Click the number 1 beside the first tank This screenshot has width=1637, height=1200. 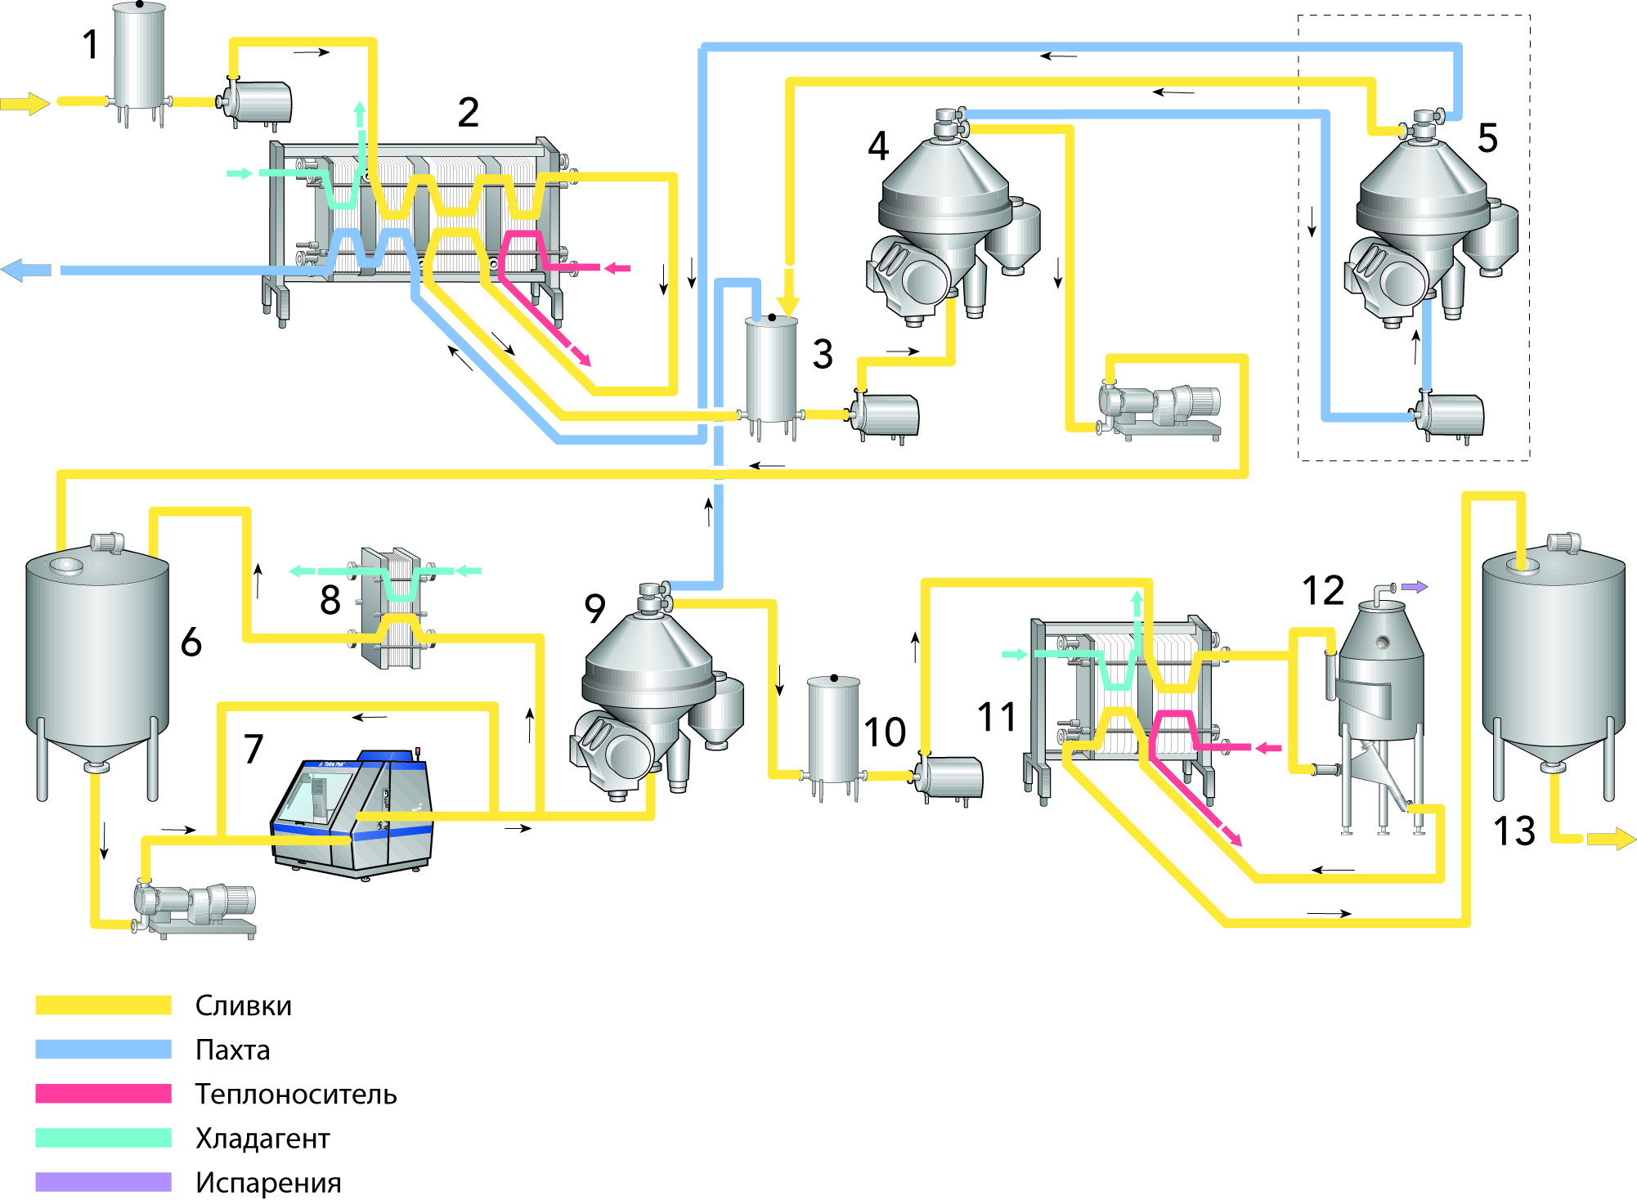[91, 45]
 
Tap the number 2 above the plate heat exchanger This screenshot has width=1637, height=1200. [468, 113]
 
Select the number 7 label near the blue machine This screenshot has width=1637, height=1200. [253, 749]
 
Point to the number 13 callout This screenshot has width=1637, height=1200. [1514, 831]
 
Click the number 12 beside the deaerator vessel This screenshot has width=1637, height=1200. [1323, 591]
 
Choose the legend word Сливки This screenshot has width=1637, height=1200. [243, 1005]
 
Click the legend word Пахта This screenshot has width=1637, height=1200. [232, 1050]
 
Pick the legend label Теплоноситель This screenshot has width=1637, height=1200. [296, 1094]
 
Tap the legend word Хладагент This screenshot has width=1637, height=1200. [262, 1138]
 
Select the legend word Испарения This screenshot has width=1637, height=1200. [268, 1182]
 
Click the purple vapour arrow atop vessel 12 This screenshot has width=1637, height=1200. [1415, 587]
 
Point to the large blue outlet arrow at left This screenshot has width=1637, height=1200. [26, 270]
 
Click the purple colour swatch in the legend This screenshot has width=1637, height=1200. [103, 1182]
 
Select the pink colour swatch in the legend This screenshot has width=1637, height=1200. [103, 1094]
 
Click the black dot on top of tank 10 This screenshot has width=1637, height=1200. [834, 678]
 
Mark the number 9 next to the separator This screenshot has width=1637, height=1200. [594, 608]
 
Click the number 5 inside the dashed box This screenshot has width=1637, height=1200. [1487, 138]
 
